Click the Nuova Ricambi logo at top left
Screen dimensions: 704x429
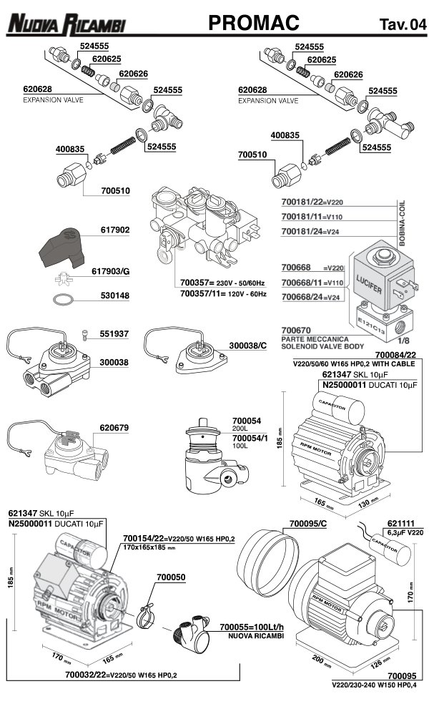click(66, 25)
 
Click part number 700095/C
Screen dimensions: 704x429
click(311, 524)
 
